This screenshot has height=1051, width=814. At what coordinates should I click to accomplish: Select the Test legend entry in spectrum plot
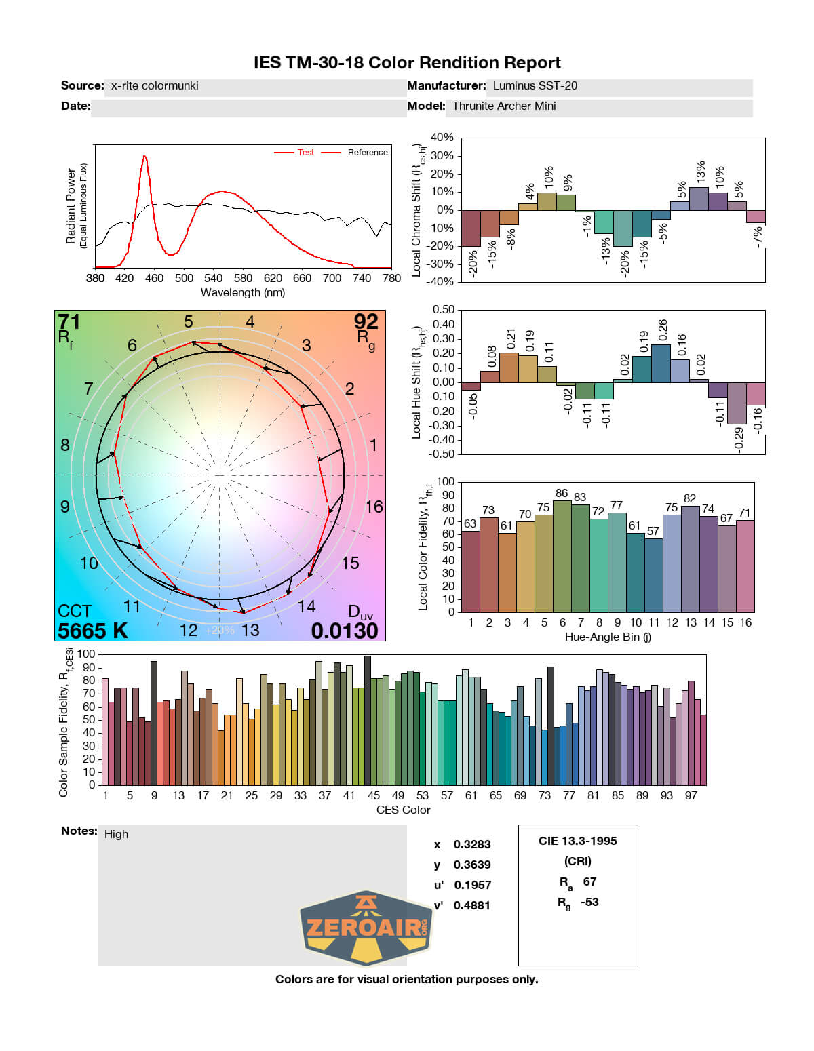tap(294, 153)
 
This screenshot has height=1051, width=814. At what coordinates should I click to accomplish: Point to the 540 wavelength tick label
tap(213, 278)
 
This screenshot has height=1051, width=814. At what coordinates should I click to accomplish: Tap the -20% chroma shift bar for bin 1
tap(471, 229)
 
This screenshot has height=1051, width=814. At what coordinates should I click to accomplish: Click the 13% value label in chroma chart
tap(701, 172)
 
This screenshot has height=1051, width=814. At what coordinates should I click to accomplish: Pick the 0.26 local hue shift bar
tap(661, 363)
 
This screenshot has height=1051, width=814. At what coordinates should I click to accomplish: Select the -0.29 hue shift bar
tap(737, 403)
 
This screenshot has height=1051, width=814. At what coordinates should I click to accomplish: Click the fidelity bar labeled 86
tap(562, 556)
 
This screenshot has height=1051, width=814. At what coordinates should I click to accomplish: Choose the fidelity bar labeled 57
tap(653, 575)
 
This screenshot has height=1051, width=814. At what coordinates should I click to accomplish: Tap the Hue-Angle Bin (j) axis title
tap(608, 637)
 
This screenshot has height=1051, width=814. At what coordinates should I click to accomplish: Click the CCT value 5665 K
tap(92, 631)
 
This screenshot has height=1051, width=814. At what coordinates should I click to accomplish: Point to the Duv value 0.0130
tap(344, 631)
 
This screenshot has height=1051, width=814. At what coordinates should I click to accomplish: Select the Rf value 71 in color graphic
tap(69, 321)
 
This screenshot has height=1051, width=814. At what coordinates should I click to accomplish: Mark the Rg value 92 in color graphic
tap(366, 321)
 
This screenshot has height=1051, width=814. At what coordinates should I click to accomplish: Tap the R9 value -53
tap(589, 902)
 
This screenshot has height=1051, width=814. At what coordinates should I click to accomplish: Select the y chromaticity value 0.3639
tap(471, 865)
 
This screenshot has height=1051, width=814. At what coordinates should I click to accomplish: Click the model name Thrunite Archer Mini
tap(503, 106)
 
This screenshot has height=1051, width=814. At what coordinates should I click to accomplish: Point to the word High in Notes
tap(116, 834)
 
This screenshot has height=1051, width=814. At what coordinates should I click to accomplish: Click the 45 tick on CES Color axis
tap(373, 795)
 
